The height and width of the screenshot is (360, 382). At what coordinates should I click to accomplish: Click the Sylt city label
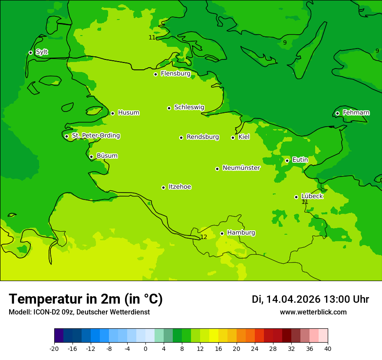tap(42, 52)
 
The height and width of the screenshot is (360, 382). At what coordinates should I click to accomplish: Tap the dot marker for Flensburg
tap(155, 74)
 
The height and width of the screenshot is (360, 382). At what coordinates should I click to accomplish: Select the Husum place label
tap(128, 113)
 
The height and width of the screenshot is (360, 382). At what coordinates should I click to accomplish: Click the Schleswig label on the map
tap(189, 107)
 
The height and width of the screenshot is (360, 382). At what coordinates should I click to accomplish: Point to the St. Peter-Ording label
tap(95, 136)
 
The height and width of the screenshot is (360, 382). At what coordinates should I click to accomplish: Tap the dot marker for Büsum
tap(91, 157)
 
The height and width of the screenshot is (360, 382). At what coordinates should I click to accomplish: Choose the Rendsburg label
tap(202, 137)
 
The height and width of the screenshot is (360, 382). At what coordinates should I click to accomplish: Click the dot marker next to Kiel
tap(233, 137)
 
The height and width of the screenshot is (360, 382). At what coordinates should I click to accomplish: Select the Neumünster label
tap(241, 168)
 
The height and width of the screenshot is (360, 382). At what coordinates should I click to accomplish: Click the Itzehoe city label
tap(179, 187)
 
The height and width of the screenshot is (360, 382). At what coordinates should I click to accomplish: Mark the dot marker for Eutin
tap(287, 160)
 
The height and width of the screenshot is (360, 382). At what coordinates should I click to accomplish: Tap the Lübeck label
tap(312, 196)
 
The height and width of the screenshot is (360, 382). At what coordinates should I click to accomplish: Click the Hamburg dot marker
tap(222, 233)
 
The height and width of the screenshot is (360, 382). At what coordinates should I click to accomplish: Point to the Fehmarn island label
tap(356, 113)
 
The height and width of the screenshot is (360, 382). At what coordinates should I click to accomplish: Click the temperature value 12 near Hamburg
tap(204, 237)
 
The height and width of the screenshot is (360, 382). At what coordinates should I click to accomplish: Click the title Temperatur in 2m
tap(86, 299)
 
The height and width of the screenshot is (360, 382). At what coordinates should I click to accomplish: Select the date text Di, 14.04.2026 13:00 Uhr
tap(310, 299)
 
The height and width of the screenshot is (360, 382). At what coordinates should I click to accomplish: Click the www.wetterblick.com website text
tap(313, 312)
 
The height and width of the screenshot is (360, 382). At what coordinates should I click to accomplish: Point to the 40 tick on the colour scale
tap(328, 349)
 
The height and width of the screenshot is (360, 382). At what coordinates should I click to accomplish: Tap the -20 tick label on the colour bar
tap(54, 349)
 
